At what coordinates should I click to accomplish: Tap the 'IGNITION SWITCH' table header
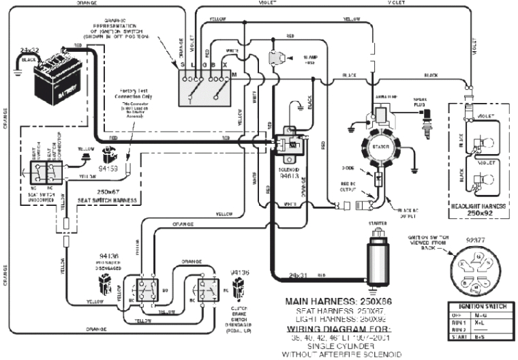[479, 308]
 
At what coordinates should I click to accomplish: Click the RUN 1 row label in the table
[458, 322]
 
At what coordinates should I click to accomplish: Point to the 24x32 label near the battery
[31, 51]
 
